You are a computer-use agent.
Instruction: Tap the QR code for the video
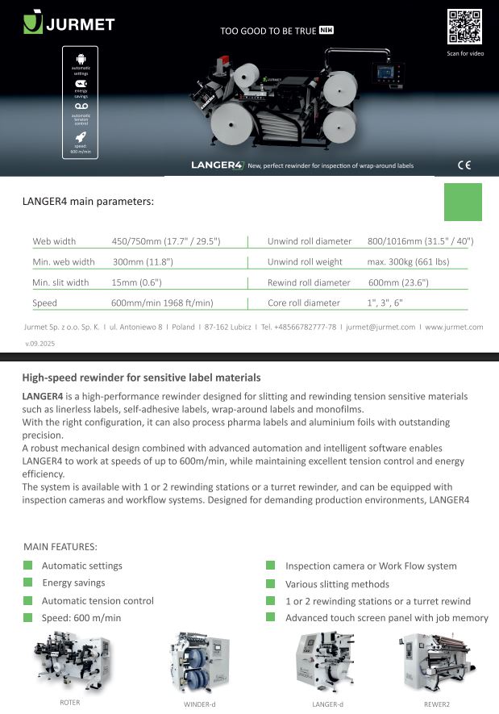[x=464, y=27]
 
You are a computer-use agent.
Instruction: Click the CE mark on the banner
[x=464, y=165]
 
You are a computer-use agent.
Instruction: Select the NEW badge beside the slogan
[x=326, y=31]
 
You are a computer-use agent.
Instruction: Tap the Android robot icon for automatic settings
[x=81, y=58]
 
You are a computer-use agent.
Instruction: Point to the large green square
[x=464, y=202]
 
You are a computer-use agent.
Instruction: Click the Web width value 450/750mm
[x=165, y=241]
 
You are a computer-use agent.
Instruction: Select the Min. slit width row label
[x=60, y=282]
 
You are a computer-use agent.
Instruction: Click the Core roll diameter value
[x=385, y=303]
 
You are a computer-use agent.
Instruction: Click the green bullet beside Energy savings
[x=28, y=582]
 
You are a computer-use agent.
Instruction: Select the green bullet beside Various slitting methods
[x=270, y=583]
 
